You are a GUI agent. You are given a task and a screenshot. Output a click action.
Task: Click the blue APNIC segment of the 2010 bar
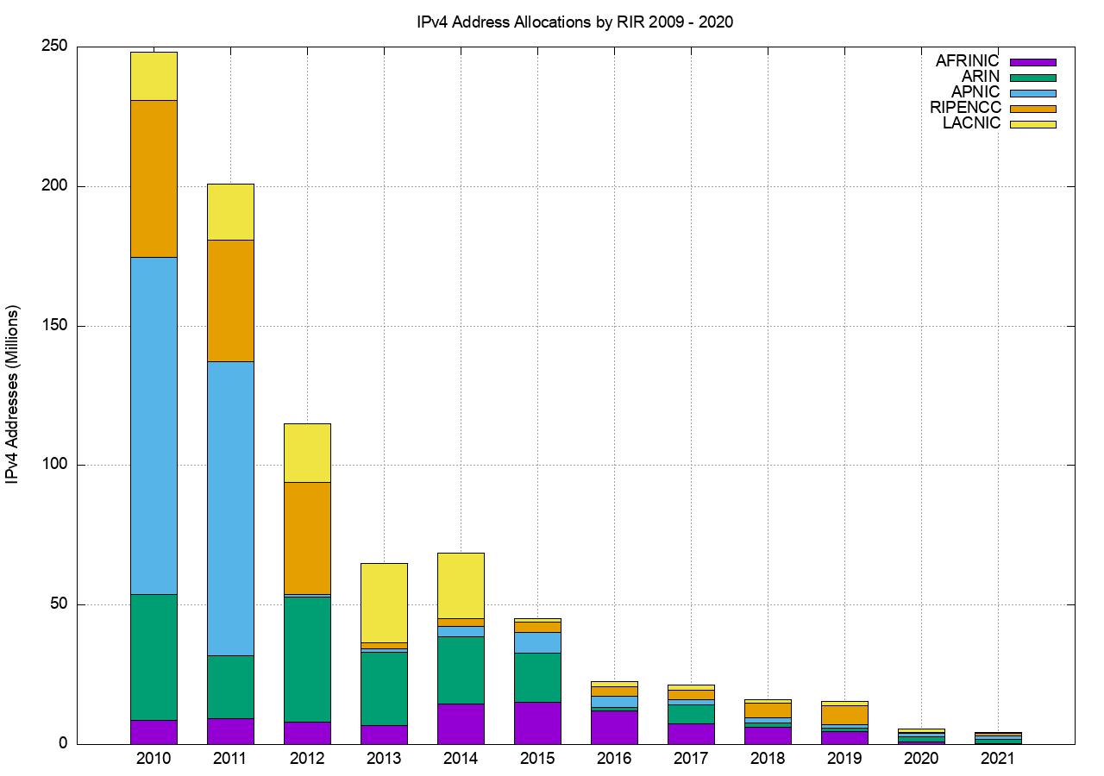pos(154,425)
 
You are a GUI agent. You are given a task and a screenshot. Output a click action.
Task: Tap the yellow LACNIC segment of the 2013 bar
pos(384,602)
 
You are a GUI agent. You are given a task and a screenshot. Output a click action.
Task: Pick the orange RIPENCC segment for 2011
pos(230,300)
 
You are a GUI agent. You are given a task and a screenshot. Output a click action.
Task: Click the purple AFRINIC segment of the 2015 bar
pos(537,723)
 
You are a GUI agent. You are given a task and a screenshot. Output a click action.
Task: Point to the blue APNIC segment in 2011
pos(230,508)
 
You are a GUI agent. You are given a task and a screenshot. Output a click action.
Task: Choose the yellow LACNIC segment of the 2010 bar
pos(154,76)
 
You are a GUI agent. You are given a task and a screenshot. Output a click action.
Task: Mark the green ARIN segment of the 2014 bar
pos(461,670)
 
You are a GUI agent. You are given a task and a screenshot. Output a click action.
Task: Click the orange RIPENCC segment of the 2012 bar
pos(307,538)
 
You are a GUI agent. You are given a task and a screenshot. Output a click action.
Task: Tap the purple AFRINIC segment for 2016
pos(614,727)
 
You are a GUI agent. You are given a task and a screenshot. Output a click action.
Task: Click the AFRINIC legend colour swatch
pos(1032,62)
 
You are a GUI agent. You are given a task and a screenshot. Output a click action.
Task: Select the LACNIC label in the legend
pos(971,123)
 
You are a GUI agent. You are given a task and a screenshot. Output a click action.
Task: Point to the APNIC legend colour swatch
pos(1032,93)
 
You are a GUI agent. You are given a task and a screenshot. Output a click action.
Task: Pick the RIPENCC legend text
pos(965,108)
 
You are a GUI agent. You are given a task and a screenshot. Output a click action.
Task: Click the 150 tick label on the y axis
pos(54,326)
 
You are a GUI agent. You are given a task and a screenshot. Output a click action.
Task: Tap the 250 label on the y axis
pos(54,47)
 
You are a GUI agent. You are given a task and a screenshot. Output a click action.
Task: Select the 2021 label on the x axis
pos(997,759)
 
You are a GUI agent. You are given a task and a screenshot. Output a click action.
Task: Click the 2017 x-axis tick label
pos(691,759)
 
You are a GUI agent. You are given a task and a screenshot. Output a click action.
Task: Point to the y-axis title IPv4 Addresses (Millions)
pos(14,395)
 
